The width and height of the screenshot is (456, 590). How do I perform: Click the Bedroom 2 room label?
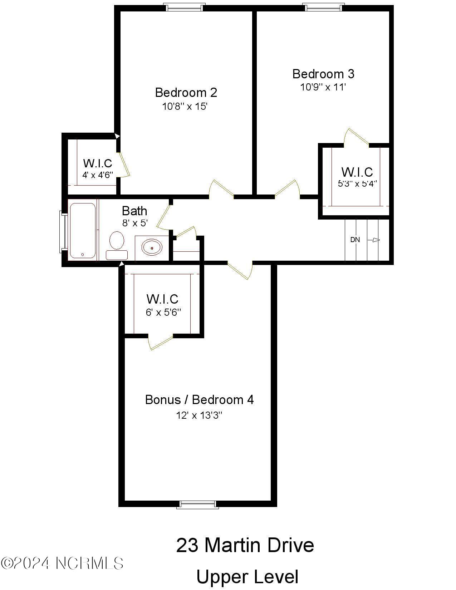tap(186, 93)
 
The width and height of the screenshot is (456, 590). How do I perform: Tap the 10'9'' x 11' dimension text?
tap(323, 87)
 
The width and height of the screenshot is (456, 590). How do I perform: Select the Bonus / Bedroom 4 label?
tap(199, 399)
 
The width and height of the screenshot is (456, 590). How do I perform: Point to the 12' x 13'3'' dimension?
tap(199, 415)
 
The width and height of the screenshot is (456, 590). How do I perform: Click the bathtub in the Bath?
tap(83, 230)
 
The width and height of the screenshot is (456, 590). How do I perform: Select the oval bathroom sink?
tap(152, 247)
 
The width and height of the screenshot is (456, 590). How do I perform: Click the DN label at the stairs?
tap(355, 240)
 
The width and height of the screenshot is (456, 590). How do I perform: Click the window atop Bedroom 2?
tap(185, 7)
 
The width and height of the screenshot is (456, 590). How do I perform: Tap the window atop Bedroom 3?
tap(323, 7)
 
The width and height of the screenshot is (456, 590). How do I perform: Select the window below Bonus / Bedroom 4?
tap(198, 505)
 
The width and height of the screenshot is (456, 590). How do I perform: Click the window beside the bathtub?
tap(63, 232)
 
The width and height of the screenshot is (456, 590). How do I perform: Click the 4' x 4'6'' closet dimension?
tap(98, 175)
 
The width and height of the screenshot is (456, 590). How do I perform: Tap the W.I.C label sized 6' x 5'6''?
tap(162, 299)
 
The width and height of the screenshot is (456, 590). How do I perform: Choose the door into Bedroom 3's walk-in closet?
tap(356, 138)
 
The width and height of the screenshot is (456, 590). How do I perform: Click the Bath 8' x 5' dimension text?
tap(135, 223)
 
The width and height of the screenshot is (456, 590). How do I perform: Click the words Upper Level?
tap(247, 577)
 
